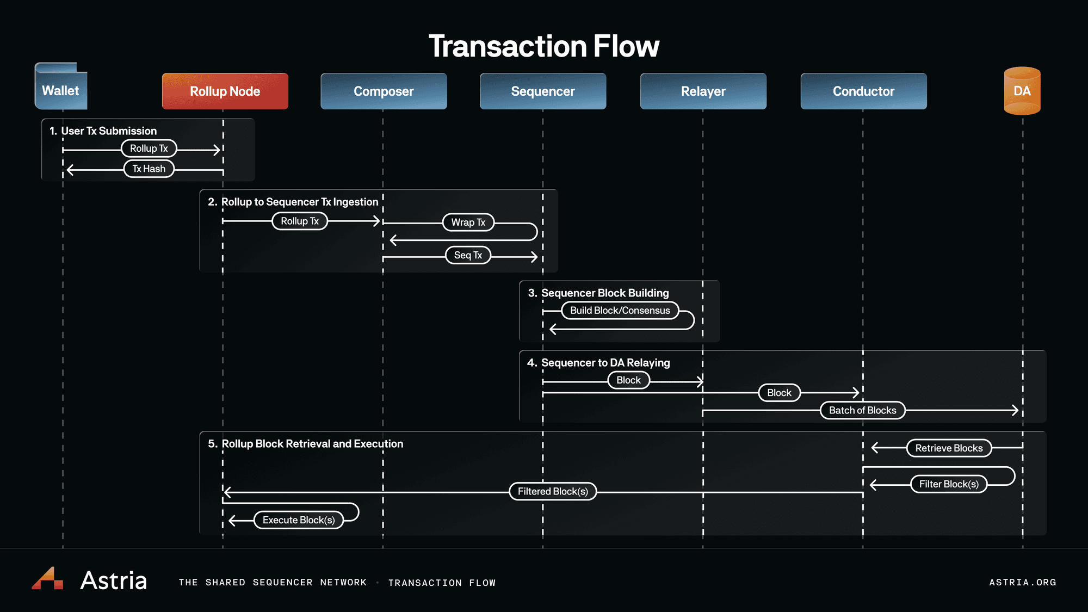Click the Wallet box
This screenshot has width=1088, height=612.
click(60, 90)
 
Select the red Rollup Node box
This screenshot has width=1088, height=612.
click(225, 91)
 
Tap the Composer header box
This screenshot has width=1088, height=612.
click(384, 91)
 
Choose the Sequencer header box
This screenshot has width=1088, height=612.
click(543, 91)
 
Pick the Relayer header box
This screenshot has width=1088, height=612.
click(703, 91)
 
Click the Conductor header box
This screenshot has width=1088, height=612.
click(863, 91)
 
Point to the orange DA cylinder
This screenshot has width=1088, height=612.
click(1022, 91)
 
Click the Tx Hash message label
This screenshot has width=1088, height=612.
click(149, 169)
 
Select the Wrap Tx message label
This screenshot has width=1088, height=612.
click(468, 222)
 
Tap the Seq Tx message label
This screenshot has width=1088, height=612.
click(468, 255)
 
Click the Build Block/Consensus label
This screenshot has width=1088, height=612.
click(620, 311)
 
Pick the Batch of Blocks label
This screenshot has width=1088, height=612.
click(862, 410)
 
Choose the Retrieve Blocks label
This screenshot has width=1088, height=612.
click(949, 448)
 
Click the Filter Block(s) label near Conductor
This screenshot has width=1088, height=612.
click(949, 484)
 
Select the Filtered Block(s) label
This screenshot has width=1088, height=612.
click(553, 492)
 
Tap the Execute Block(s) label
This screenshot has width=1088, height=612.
click(299, 520)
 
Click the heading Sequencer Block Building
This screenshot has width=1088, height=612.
click(604, 293)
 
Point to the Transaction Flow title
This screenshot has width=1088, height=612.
click(544, 46)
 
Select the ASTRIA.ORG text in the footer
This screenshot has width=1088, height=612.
click(1022, 583)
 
